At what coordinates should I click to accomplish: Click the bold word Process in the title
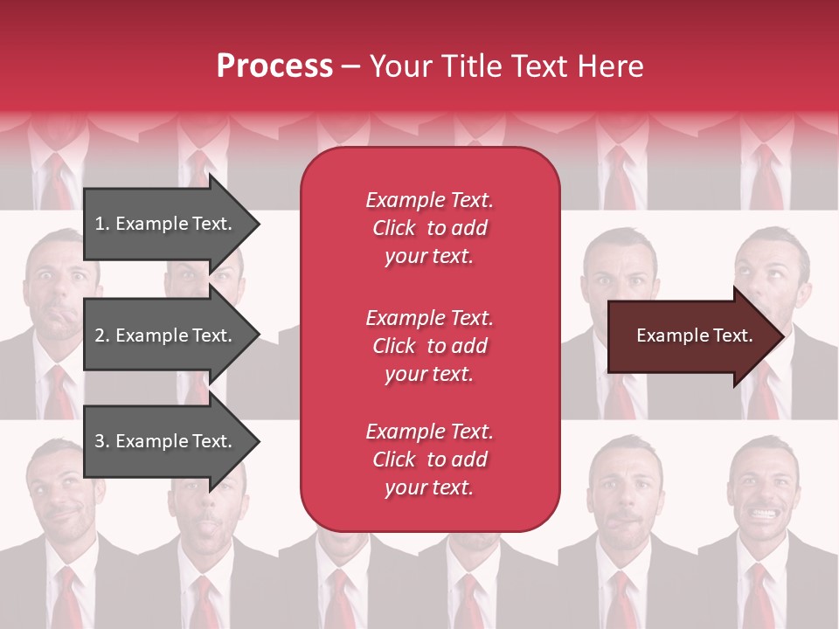[x=274, y=66]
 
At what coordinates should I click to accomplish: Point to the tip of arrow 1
[x=258, y=224]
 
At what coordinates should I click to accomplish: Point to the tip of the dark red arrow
[x=784, y=336]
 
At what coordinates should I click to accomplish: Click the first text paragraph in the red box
[x=429, y=228]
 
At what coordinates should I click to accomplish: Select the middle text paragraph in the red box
[x=429, y=346]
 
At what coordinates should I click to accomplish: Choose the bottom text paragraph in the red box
[x=429, y=460]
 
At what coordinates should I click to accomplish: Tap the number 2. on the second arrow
[x=102, y=335]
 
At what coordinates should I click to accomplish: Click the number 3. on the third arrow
[x=102, y=441]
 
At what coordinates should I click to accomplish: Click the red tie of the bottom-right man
[x=759, y=594]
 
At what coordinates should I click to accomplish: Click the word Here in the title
[x=612, y=66]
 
